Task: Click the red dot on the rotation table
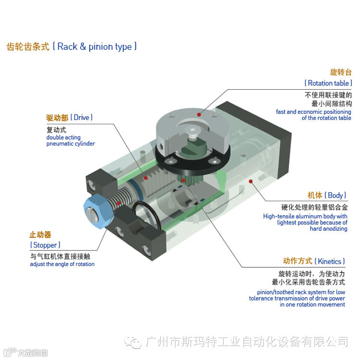(199, 114)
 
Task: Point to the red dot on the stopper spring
(119, 203)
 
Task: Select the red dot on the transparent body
(251, 181)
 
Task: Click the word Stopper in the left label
(45, 245)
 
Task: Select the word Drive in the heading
(81, 118)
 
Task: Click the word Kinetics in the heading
(329, 261)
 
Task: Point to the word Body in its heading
(335, 195)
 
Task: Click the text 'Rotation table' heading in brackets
(328, 83)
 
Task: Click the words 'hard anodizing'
(328, 228)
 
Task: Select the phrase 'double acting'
(63, 137)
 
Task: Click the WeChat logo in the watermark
(132, 342)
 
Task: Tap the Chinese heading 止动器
(40, 235)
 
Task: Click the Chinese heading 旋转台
(341, 72)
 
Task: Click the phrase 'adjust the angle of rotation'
(62, 264)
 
